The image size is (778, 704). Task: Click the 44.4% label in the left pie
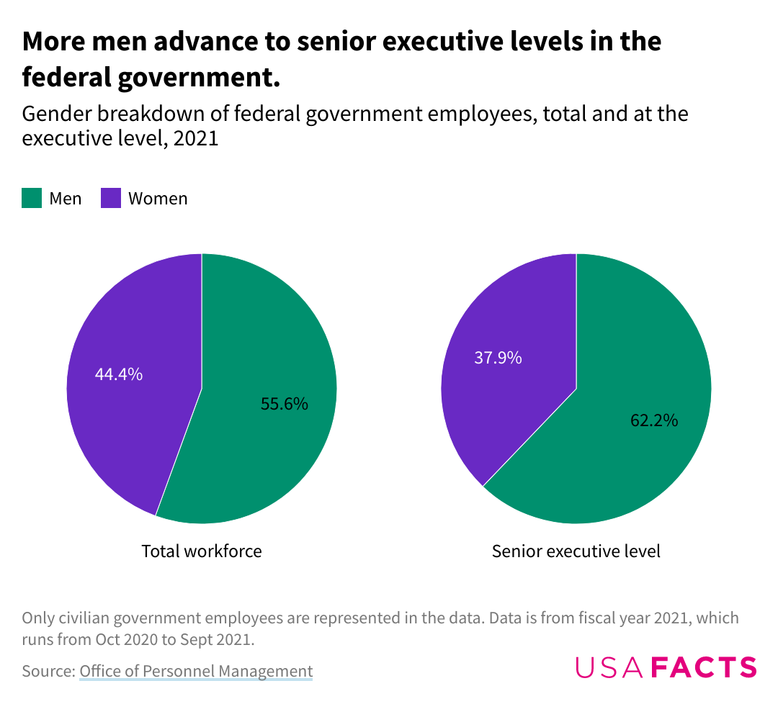[119, 374]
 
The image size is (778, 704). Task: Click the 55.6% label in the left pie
[284, 404]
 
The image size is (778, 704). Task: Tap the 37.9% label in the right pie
[498, 357]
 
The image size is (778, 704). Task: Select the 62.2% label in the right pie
[654, 420]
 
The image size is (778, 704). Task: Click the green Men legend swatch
[32, 198]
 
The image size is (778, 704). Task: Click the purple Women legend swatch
[110, 198]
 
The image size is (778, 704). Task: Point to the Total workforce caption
[202, 551]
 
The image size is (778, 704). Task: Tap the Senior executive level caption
[576, 551]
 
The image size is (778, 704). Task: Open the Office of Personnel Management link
[196, 672]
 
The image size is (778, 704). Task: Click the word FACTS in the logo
[704, 667]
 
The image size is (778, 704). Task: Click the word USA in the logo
[609, 667]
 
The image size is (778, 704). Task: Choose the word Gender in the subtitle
[54, 114]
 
